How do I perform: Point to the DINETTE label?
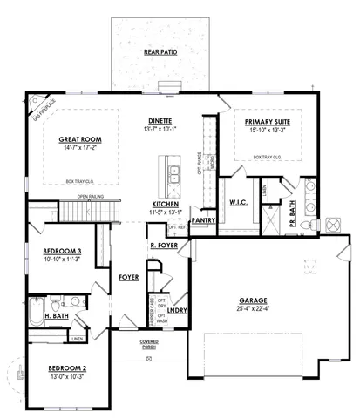click(159, 121)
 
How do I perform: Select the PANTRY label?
click(203, 220)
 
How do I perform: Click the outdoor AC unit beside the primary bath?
click(335, 225)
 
